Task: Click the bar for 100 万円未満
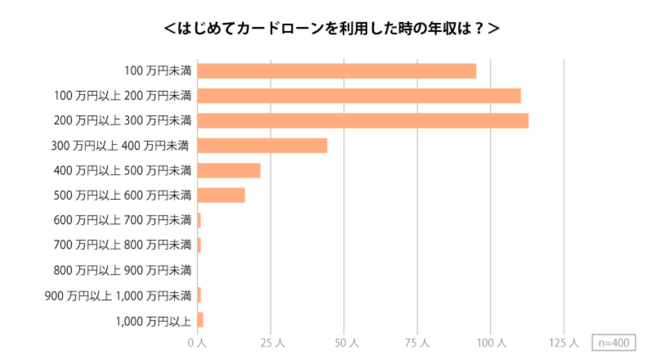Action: pyautogui.click(x=337, y=71)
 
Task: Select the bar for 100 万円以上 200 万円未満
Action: pyautogui.click(x=359, y=96)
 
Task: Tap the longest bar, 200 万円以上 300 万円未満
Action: pyautogui.click(x=363, y=121)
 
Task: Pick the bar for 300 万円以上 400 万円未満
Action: pyautogui.click(x=262, y=146)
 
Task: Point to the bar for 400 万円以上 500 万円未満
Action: pyautogui.click(x=229, y=171)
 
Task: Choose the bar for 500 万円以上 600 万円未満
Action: pyautogui.click(x=221, y=195)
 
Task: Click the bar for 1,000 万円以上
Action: pyautogui.click(x=200, y=320)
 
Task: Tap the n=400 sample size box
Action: pyautogui.click(x=613, y=343)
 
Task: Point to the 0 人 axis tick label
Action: pyautogui.click(x=197, y=343)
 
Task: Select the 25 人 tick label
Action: pyautogui.click(x=271, y=343)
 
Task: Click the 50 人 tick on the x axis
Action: pyautogui.click(x=344, y=343)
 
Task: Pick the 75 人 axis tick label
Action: pyautogui.click(x=417, y=343)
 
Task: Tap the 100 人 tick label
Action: pyautogui.click(x=491, y=343)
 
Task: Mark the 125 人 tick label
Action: pyautogui.click(x=564, y=343)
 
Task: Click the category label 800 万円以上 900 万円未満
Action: pyautogui.click(x=122, y=270)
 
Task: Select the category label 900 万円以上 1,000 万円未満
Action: pyautogui.click(x=118, y=295)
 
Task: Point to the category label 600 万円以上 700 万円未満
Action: pyautogui.click(x=122, y=220)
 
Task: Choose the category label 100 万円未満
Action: pyautogui.click(x=158, y=71)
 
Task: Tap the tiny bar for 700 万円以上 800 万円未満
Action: pyautogui.click(x=199, y=245)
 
